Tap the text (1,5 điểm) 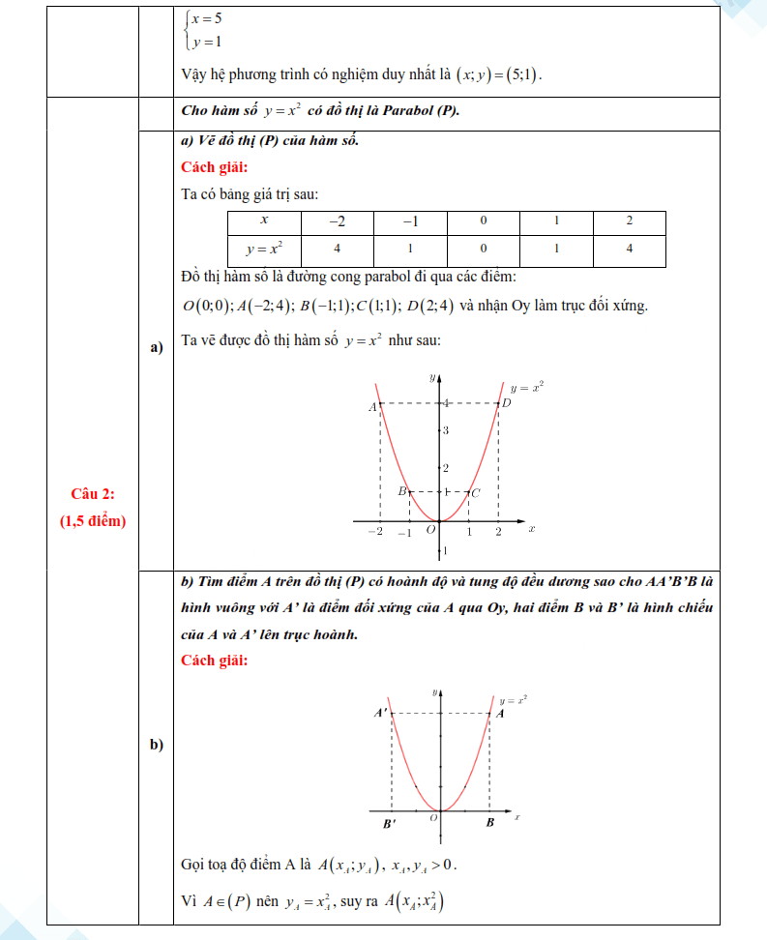click(x=93, y=521)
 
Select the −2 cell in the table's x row click(x=336, y=221)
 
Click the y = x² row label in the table click(x=264, y=250)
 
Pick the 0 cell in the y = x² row click(x=483, y=250)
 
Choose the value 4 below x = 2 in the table click(x=629, y=250)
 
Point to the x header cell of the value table click(x=264, y=221)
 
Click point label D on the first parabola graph click(x=505, y=404)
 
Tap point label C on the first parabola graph click(x=477, y=493)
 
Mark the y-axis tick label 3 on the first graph click(x=446, y=430)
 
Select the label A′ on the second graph click(x=382, y=713)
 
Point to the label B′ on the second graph click(x=389, y=823)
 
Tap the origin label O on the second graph click(x=434, y=818)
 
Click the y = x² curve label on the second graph click(x=514, y=698)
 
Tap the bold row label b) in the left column click(x=155, y=745)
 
